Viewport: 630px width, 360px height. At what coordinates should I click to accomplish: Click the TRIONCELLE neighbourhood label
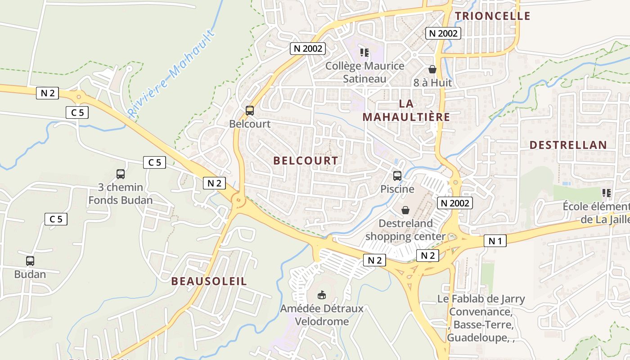coord(492,16)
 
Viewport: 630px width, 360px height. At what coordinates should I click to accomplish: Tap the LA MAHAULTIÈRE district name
coord(406,110)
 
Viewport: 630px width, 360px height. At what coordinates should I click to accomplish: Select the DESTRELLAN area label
coord(568,145)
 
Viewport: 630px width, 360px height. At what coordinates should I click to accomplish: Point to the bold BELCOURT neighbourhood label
coord(306,161)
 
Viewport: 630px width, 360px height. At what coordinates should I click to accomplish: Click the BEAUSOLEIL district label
coord(209,281)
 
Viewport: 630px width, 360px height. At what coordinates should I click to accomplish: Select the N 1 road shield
coord(495,241)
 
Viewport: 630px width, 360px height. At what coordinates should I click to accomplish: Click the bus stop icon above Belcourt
coord(249,110)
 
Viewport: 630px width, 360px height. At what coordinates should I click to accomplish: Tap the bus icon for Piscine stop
coord(397,176)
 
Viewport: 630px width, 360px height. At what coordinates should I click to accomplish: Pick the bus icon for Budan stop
coord(30,261)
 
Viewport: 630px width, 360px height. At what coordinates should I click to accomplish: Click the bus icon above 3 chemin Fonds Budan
coord(120,174)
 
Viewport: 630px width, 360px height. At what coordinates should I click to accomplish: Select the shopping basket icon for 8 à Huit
coord(432,69)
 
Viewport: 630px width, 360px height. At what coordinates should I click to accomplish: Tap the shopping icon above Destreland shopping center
coord(405,210)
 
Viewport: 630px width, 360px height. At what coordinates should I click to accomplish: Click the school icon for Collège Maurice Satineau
coord(364,53)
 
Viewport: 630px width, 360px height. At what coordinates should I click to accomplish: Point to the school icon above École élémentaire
coord(607,193)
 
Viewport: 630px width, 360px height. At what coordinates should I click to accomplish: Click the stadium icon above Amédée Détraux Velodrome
coord(321,295)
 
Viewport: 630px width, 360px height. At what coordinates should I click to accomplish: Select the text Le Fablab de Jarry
coord(481,299)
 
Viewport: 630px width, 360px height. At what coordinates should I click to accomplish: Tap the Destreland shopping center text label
coord(405,229)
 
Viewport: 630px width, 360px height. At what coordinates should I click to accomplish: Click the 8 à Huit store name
coord(432,83)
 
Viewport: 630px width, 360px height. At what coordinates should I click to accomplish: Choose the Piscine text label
coord(397,189)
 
